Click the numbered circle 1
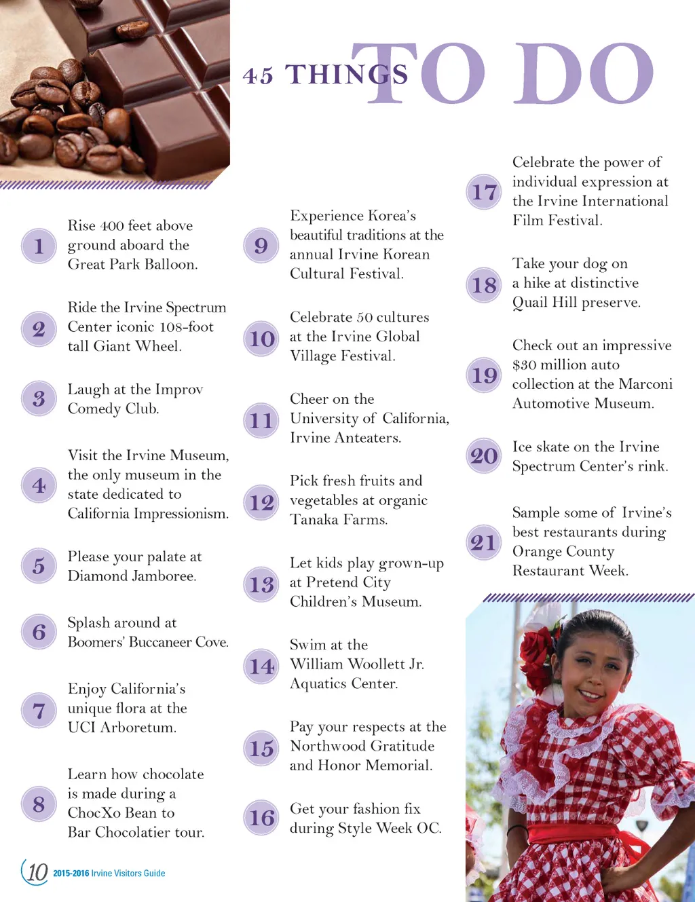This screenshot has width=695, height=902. pos(39,246)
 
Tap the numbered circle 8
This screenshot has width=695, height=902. pos(39,804)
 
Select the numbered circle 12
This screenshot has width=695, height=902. pos(261,502)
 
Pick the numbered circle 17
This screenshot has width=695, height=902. pos(484,192)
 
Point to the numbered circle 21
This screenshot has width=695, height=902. pos(484,542)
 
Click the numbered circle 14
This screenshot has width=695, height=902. pos(261,666)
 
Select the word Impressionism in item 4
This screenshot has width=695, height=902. pos(181,514)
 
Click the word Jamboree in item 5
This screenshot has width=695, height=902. pos(163,576)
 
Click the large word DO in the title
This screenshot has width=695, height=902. pos(583,73)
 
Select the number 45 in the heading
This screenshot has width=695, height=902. pos(258,76)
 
